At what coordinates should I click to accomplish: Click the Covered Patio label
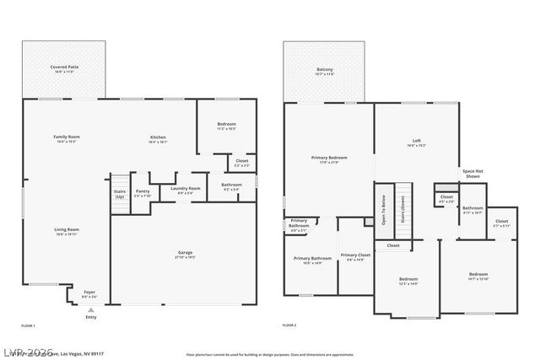click(x=63, y=67)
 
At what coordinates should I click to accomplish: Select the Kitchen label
click(x=158, y=137)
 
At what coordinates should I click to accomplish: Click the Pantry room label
click(x=142, y=193)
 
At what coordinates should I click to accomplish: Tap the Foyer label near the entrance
click(x=89, y=294)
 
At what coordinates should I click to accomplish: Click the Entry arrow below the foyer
click(x=89, y=310)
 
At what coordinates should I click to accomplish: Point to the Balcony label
click(x=325, y=70)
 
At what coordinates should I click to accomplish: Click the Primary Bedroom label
click(x=329, y=158)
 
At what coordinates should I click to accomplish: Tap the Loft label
click(x=416, y=141)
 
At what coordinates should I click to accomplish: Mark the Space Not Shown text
click(x=472, y=173)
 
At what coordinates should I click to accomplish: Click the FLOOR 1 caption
click(x=29, y=325)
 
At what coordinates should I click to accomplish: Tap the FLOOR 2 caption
click(x=290, y=325)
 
